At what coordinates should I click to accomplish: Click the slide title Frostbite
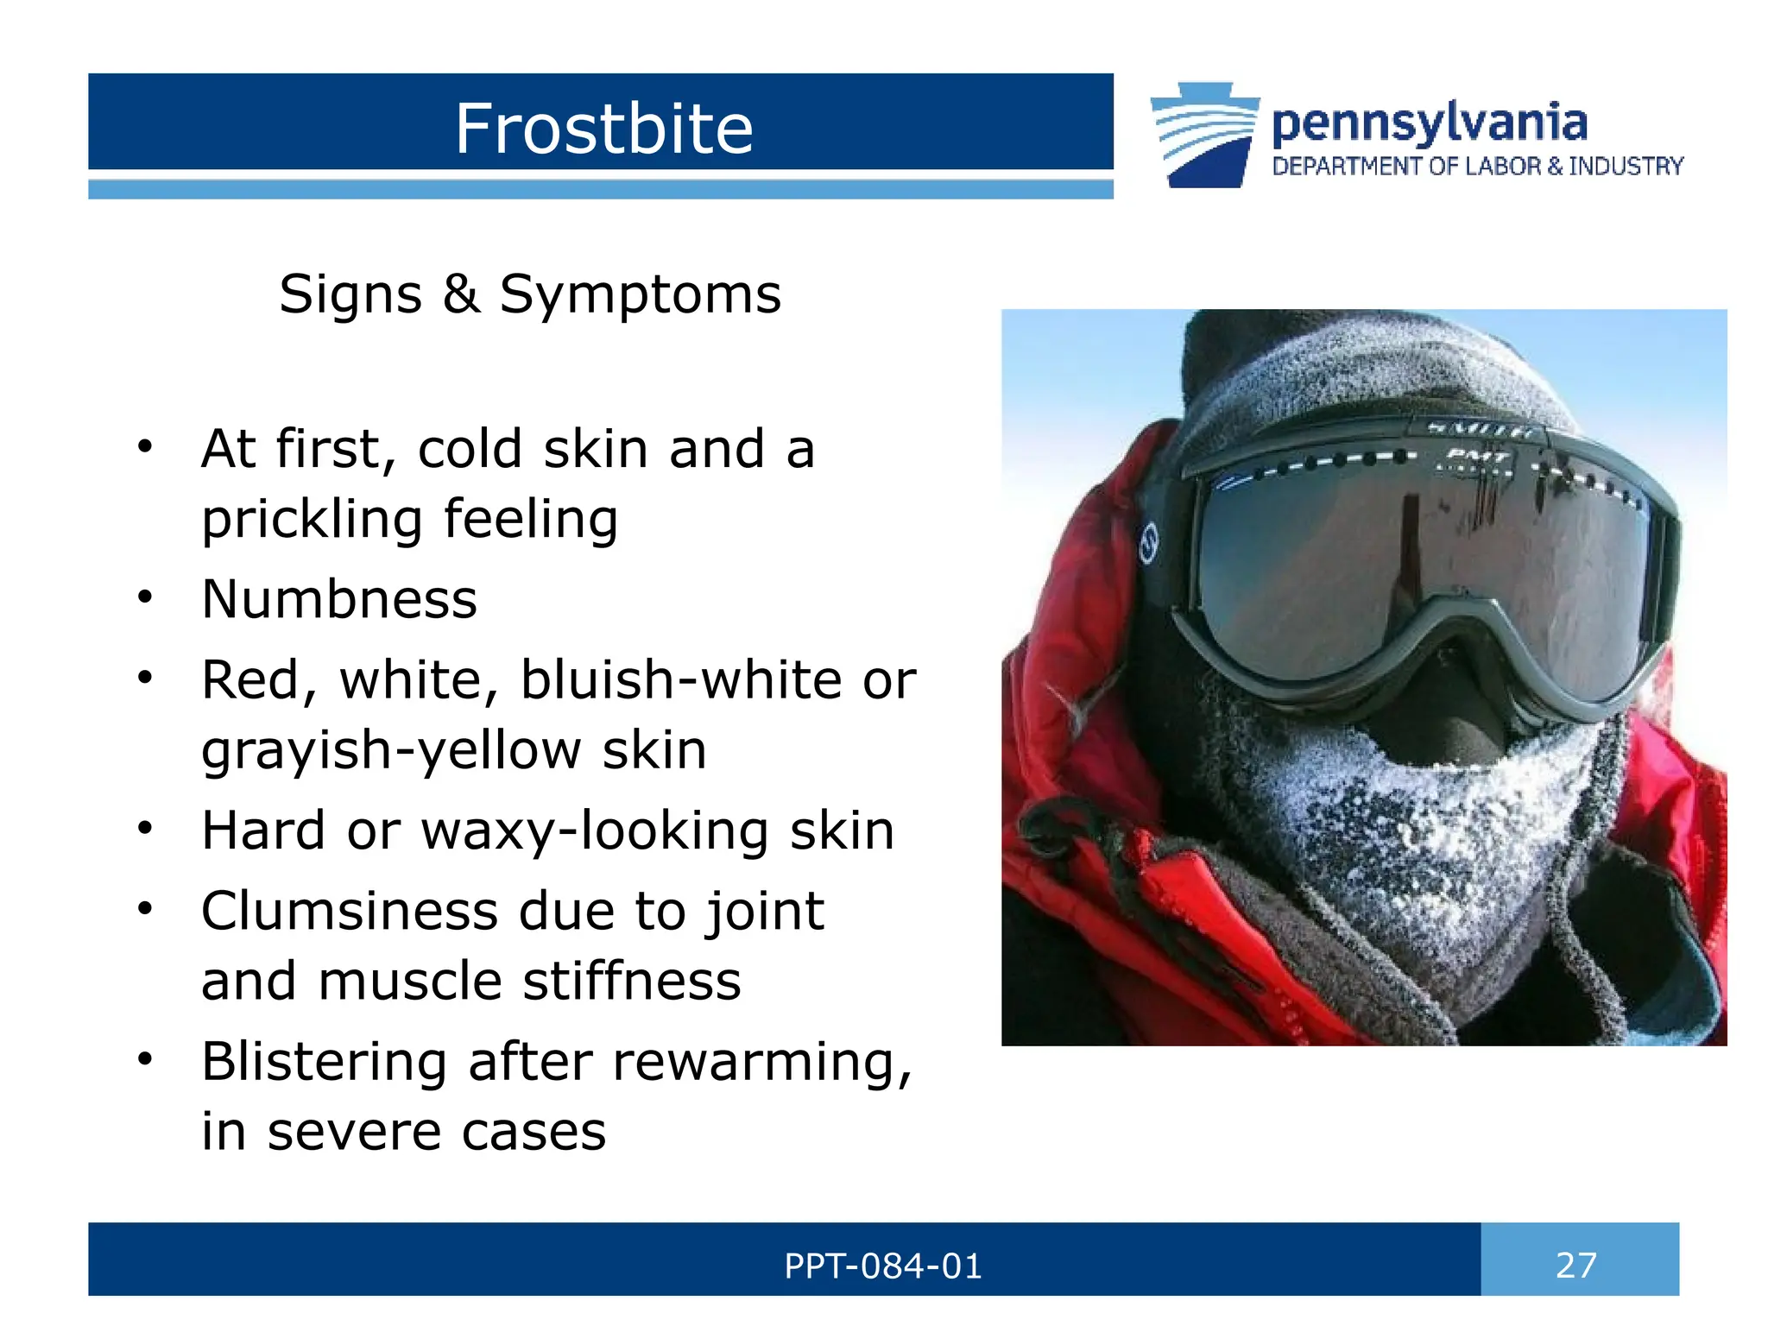(x=603, y=129)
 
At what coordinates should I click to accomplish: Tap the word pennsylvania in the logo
(x=1429, y=123)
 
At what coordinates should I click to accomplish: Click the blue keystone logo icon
(x=1203, y=136)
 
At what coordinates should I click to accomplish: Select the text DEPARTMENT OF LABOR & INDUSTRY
(x=1477, y=167)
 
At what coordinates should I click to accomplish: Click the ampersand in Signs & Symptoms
(x=461, y=294)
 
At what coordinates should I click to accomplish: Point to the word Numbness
(x=339, y=599)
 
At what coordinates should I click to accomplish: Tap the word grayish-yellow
(x=391, y=749)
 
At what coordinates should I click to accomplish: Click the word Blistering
(x=325, y=1061)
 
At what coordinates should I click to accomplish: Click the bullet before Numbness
(x=145, y=597)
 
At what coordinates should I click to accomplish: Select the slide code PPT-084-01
(x=882, y=1266)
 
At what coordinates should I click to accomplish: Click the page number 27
(x=1576, y=1266)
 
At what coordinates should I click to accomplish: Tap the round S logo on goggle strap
(x=1149, y=544)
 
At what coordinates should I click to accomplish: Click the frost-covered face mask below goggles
(x=1399, y=829)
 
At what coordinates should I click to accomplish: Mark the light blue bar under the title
(x=600, y=190)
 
